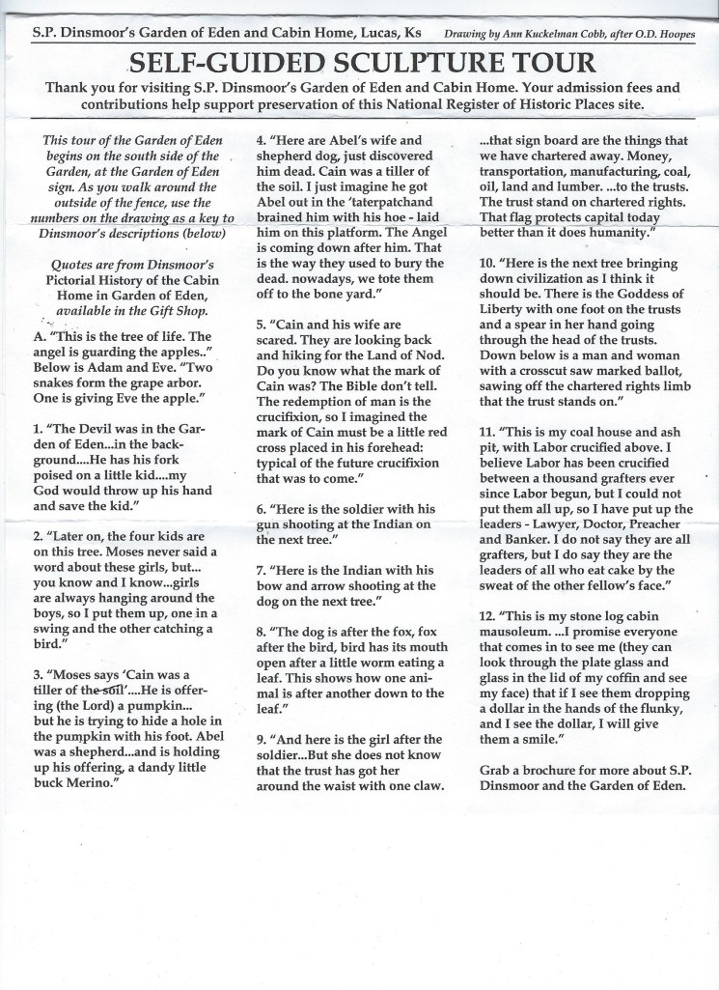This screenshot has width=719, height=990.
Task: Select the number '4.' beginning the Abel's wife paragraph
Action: coord(262,140)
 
